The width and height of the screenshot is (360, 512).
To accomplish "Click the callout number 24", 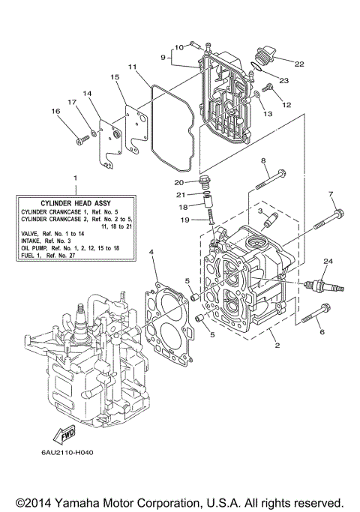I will pyautogui.click(x=327, y=261).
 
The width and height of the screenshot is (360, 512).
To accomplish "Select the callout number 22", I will pyautogui.click(x=300, y=64).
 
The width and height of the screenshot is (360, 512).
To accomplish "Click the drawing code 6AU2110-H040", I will pyautogui.click(x=58, y=454).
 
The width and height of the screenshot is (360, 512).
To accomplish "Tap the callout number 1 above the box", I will pyautogui.click(x=75, y=178).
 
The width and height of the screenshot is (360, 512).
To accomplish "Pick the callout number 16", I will pyautogui.click(x=55, y=112).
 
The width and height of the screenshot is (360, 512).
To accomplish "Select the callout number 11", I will pyautogui.click(x=132, y=67).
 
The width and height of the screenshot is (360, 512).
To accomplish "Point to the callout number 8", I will pyautogui.click(x=263, y=161).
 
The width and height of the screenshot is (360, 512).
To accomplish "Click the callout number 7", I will pyautogui.click(x=331, y=195).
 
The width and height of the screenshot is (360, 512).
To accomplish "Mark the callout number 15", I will pyautogui.click(x=115, y=77).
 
